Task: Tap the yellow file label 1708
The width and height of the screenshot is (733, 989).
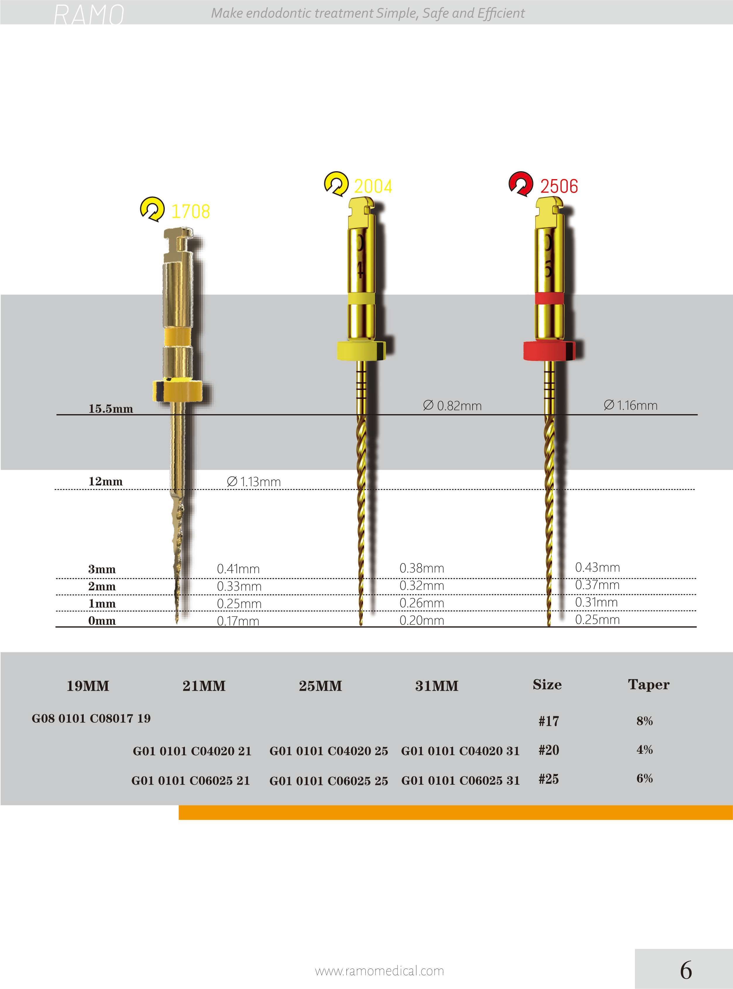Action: [x=190, y=212]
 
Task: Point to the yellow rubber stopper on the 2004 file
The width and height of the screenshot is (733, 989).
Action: [x=359, y=351]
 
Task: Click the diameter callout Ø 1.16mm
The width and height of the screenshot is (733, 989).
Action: [x=631, y=405]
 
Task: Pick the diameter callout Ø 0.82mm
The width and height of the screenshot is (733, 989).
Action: [x=452, y=406]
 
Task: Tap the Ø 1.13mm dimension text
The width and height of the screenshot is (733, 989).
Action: [x=254, y=481]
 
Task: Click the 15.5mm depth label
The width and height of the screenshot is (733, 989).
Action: [x=111, y=409]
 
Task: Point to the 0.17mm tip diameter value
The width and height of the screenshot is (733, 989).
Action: [x=238, y=621]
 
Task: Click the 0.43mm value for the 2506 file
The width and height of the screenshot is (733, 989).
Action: [x=597, y=567]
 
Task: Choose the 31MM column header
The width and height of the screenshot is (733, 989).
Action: [x=437, y=686]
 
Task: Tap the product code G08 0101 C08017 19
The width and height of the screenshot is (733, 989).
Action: [x=91, y=718]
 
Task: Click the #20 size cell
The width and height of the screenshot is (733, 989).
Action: [x=549, y=750]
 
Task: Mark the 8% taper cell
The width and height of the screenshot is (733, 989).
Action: [x=645, y=721]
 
